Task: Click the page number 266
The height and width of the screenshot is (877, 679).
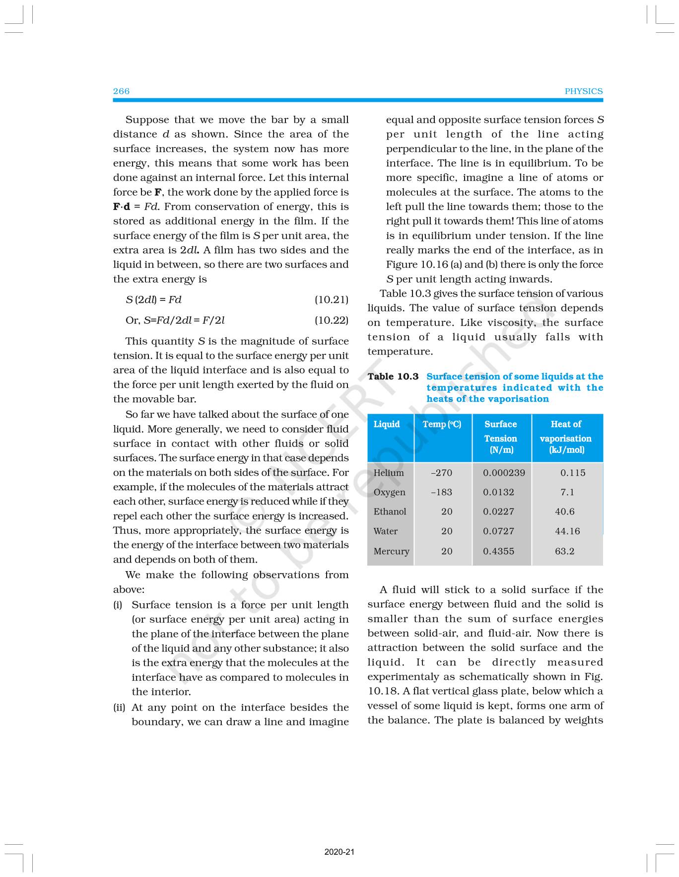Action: click(121, 91)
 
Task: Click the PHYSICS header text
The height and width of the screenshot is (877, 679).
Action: click(583, 91)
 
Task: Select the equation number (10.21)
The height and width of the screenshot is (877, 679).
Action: click(331, 299)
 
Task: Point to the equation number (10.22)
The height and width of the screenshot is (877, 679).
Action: click(331, 320)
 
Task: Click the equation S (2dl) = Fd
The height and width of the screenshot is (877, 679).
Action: click(153, 299)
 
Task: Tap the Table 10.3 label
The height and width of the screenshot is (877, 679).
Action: click(393, 376)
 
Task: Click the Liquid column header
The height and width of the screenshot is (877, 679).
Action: click(386, 424)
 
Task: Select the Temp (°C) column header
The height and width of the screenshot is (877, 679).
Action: click(442, 424)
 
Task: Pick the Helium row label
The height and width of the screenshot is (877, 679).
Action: click(389, 473)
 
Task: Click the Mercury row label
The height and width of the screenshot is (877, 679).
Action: click(391, 551)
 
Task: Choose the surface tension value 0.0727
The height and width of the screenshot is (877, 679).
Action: click(498, 531)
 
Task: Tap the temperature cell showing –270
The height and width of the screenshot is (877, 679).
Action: click(441, 473)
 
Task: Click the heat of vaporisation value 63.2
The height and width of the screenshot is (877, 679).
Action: click(564, 551)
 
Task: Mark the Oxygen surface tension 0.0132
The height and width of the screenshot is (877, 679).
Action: click(498, 492)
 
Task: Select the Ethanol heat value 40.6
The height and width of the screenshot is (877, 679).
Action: click(564, 512)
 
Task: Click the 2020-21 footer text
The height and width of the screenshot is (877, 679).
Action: click(339, 852)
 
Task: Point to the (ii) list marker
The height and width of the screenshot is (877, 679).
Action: click(119, 707)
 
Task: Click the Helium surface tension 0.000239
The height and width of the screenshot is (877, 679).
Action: click(504, 473)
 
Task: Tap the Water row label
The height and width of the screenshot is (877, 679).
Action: click(385, 531)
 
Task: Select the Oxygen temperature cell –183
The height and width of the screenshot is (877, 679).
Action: click(441, 492)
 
